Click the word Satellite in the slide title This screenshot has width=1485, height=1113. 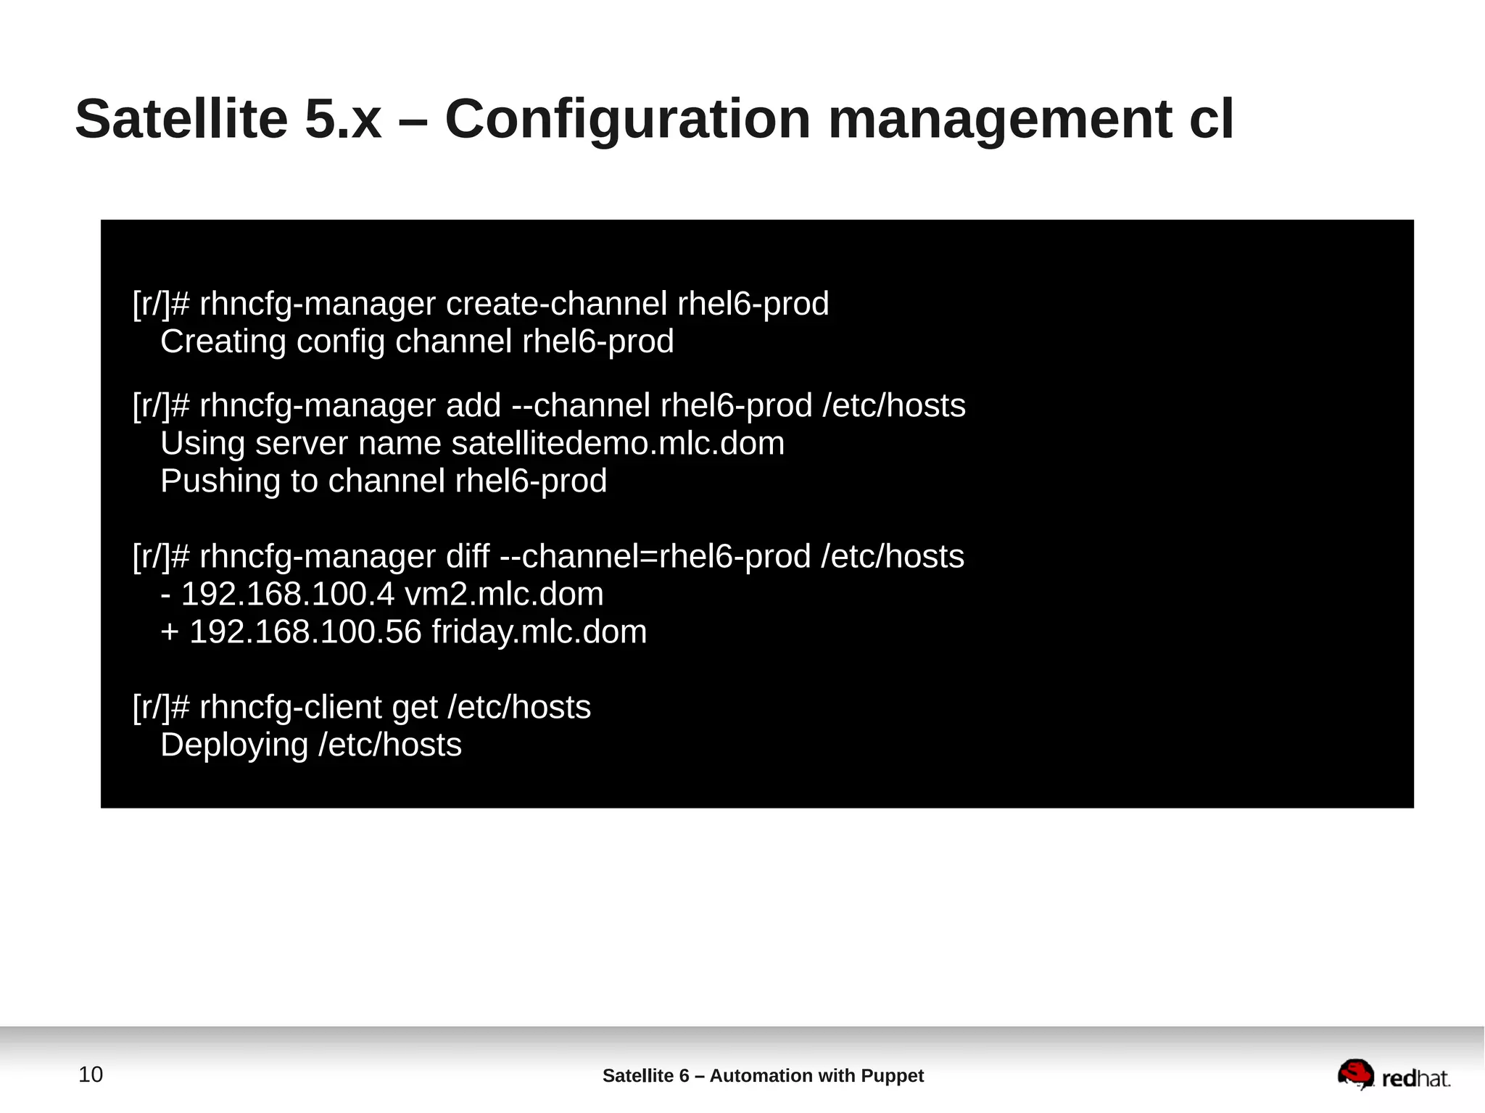(181, 119)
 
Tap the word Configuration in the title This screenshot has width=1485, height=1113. (627, 119)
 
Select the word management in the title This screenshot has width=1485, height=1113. (1000, 119)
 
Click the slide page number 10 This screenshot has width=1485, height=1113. (91, 1074)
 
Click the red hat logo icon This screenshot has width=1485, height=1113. (1355, 1074)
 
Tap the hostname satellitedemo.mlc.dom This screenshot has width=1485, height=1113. (618, 443)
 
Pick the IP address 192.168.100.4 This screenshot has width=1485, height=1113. (287, 594)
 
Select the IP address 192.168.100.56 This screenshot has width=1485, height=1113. (305, 632)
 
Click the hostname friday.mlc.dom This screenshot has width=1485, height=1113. (539, 632)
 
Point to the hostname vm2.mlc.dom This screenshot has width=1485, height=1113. (504, 594)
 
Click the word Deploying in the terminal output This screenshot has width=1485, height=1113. (234, 745)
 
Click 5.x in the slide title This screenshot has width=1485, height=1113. (342, 119)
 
